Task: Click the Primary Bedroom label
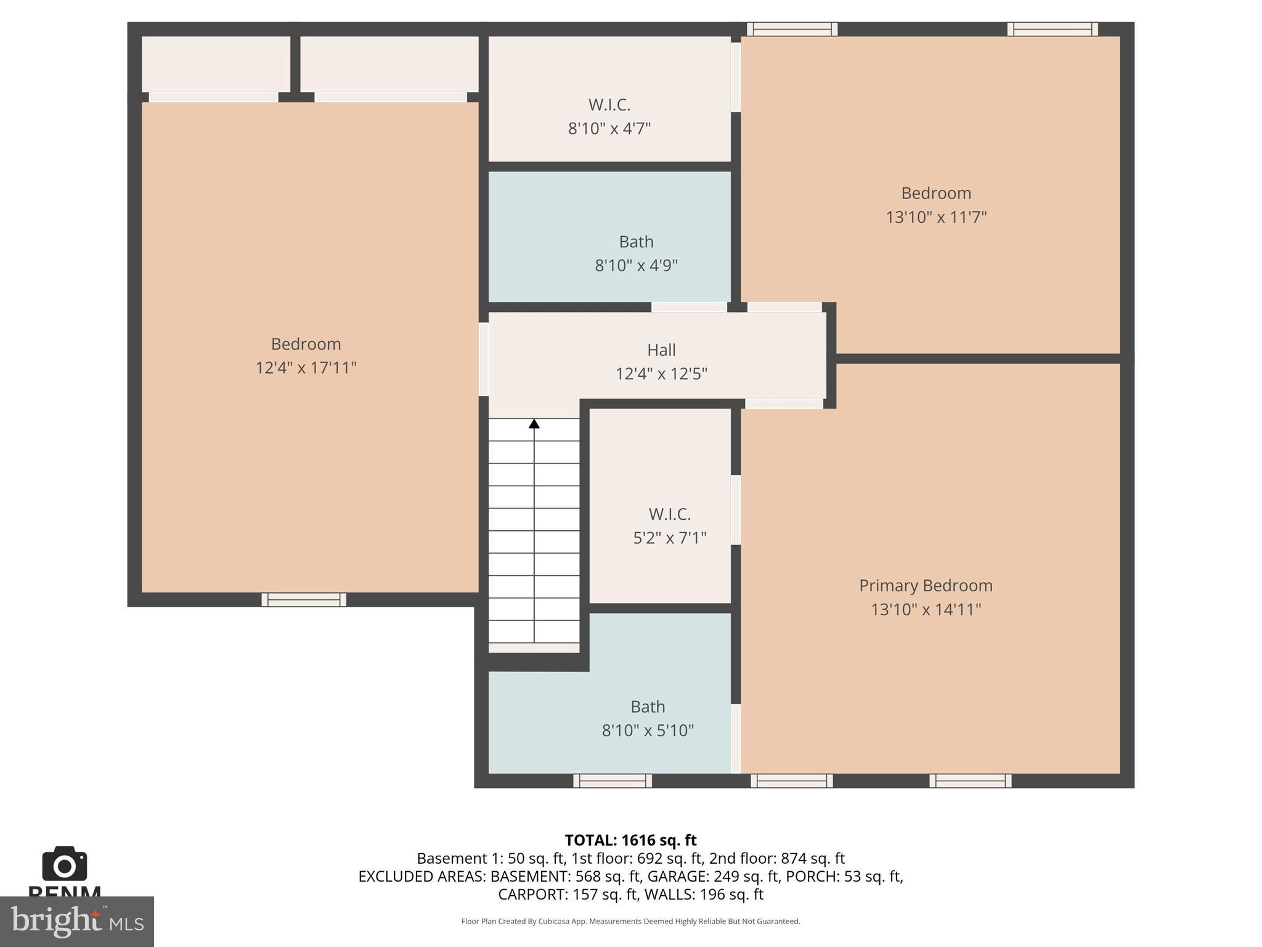click(926, 585)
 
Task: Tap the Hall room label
click(661, 350)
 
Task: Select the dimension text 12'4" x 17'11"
click(306, 368)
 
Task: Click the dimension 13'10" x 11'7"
click(936, 217)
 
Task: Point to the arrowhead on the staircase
click(534, 424)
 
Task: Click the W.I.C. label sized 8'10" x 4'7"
click(609, 104)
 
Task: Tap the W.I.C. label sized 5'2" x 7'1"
click(669, 514)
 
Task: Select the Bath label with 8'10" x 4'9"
click(636, 241)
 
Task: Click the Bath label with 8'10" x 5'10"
click(647, 706)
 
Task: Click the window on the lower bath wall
click(613, 781)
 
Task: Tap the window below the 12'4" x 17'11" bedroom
click(304, 599)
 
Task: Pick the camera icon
click(64, 864)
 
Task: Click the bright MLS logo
click(76, 921)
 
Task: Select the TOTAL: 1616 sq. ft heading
click(630, 840)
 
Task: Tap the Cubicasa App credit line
click(630, 921)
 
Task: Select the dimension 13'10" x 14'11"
click(926, 609)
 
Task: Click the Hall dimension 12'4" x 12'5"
click(661, 374)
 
